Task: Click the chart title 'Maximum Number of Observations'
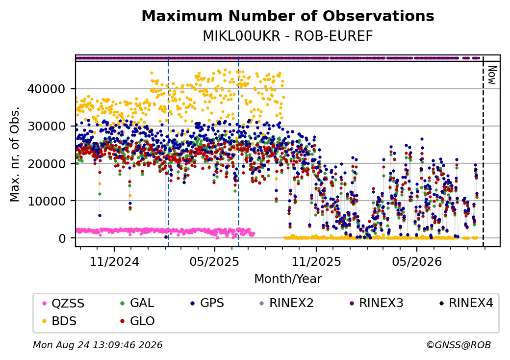tap(287, 16)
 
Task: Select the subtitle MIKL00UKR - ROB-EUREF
tap(287, 36)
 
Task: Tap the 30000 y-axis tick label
tap(46, 126)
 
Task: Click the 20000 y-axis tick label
tap(46, 164)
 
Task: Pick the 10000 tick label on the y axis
tap(46, 201)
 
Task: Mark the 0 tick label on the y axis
tap(62, 238)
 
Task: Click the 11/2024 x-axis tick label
tap(114, 262)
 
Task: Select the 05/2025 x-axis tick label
tap(214, 262)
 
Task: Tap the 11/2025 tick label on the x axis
tap(316, 262)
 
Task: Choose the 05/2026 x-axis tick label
tap(417, 262)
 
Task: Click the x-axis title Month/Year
tap(288, 279)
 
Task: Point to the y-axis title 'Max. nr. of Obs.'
tap(15, 154)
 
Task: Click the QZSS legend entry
tap(63, 304)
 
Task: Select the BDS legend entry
tap(59, 321)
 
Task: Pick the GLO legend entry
tap(137, 321)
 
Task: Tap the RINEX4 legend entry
tap(466, 303)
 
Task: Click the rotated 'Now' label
tap(492, 75)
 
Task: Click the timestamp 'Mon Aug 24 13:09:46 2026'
tap(98, 345)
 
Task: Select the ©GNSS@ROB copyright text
tap(459, 345)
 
